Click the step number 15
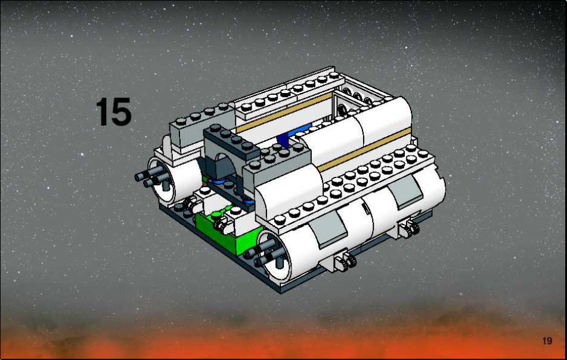tap(113, 111)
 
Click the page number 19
tap(547, 340)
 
